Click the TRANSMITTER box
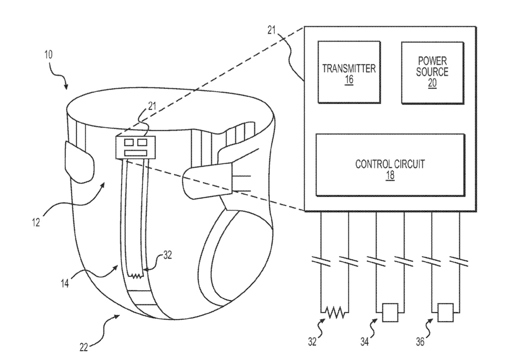click(x=349, y=72)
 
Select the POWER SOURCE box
click(x=432, y=72)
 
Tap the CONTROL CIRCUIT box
click(x=390, y=165)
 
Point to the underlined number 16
click(x=349, y=80)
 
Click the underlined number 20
click(x=432, y=83)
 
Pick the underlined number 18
click(x=390, y=175)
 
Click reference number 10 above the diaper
click(x=48, y=55)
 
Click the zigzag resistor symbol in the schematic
click(x=335, y=312)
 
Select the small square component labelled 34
click(x=390, y=312)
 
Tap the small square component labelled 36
click(x=445, y=312)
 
